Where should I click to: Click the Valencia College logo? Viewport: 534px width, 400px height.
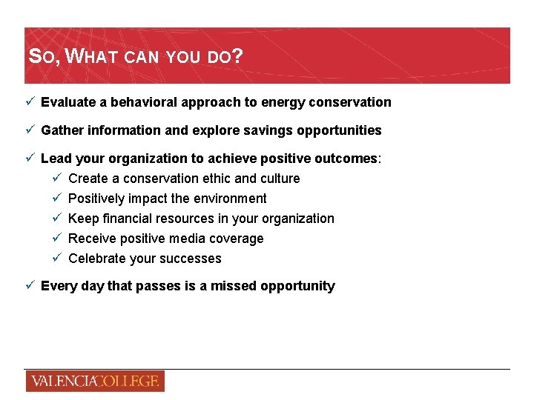94,381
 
